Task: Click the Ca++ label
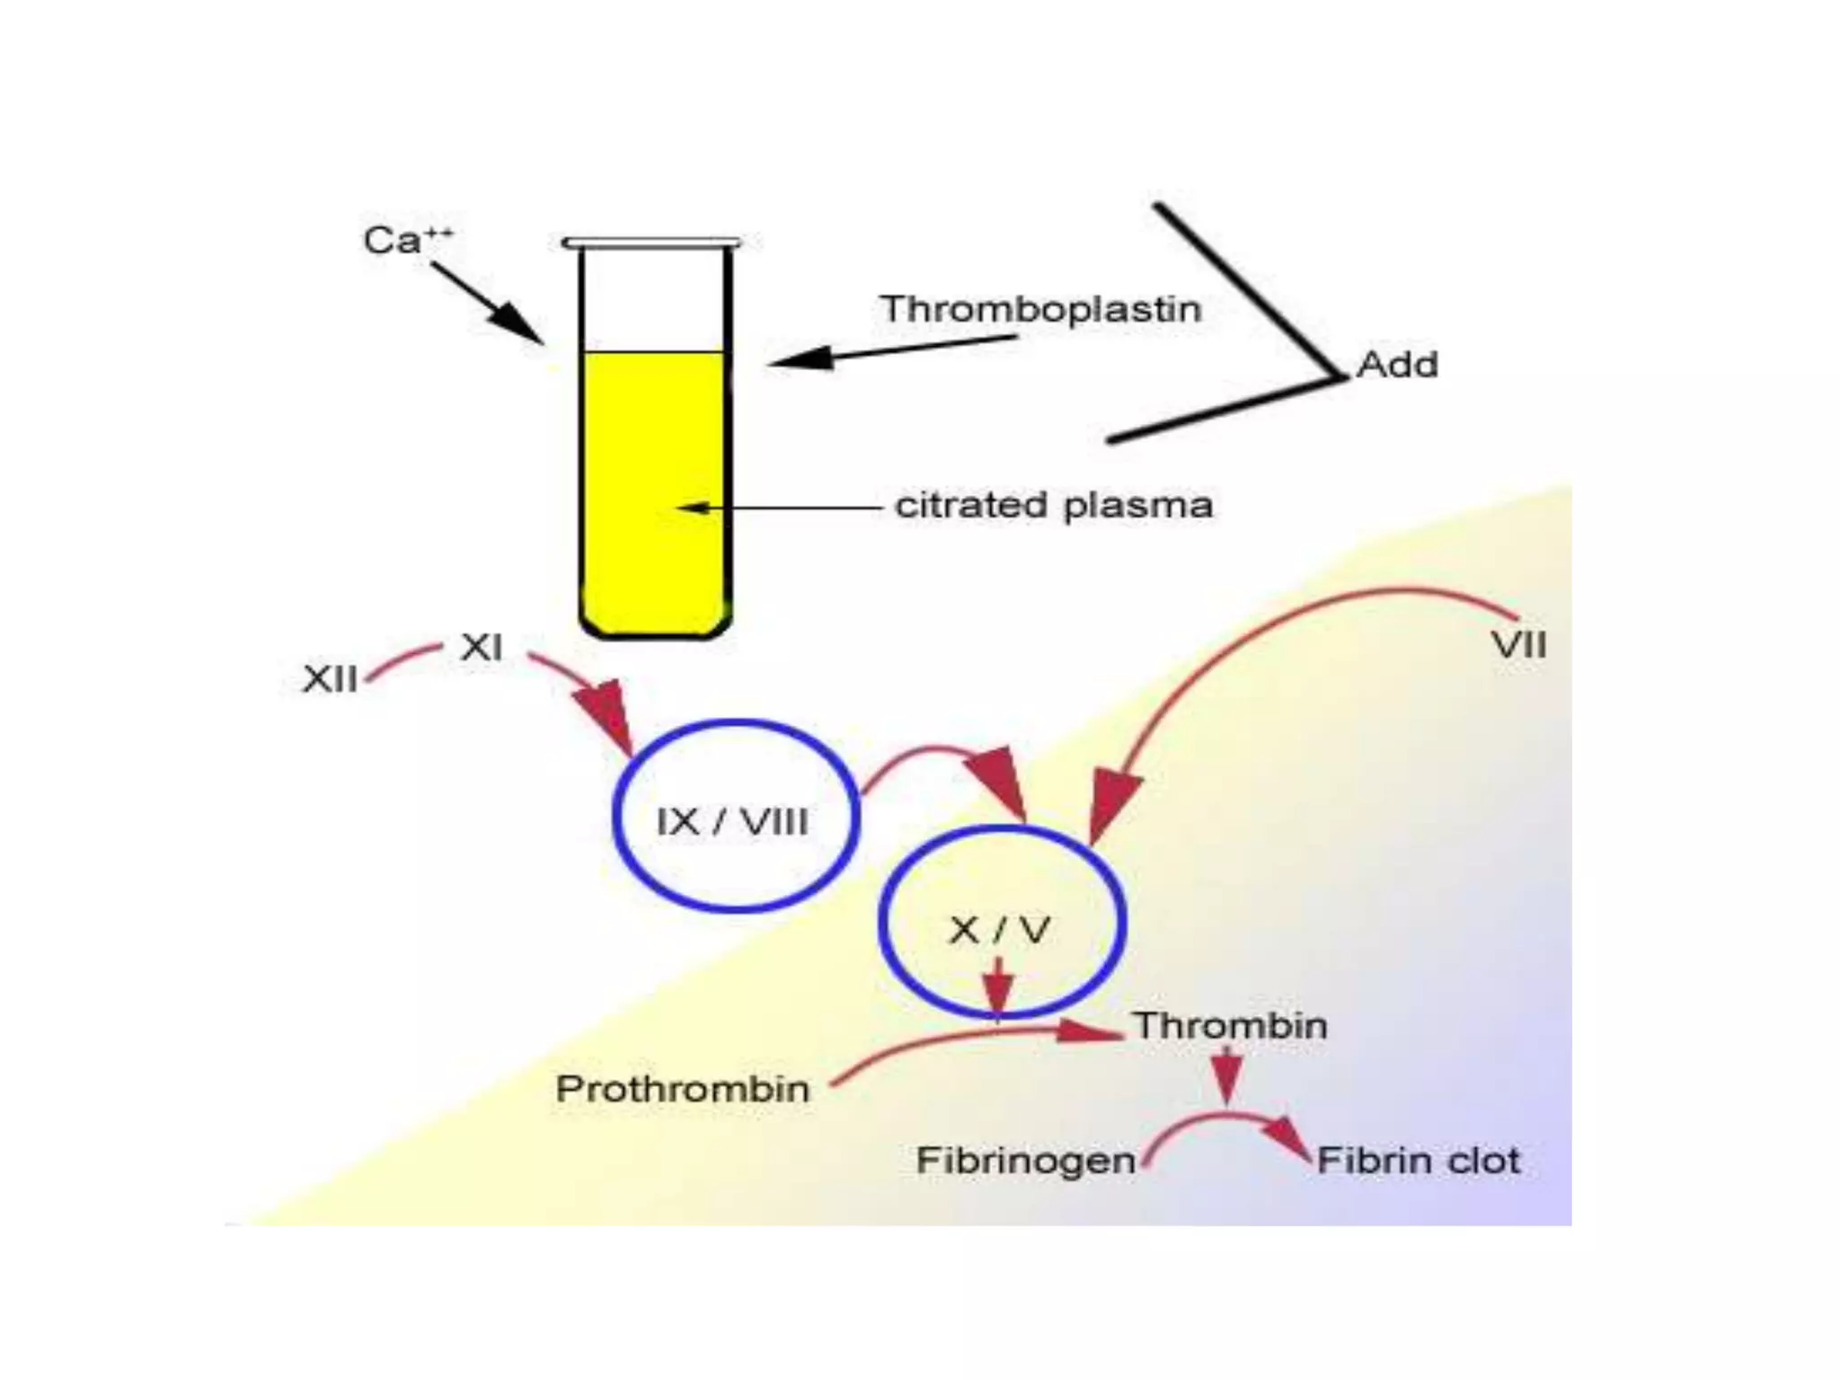pos(407,241)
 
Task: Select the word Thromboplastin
pos(1040,309)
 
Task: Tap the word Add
pos(1397,365)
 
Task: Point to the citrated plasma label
pos(1054,506)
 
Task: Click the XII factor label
pos(330,679)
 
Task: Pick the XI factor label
pos(482,648)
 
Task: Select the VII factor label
pos(1518,646)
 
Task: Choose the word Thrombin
pos(1230,1026)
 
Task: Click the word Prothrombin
pos(683,1089)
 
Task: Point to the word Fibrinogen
pos(1025,1161)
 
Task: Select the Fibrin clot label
pos(1418,1161)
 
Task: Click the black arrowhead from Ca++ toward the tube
pos(519,323)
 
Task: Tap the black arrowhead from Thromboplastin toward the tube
pos(801,358)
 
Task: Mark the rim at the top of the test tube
pos(652,243)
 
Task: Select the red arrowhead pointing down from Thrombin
pos(1227,1079)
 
